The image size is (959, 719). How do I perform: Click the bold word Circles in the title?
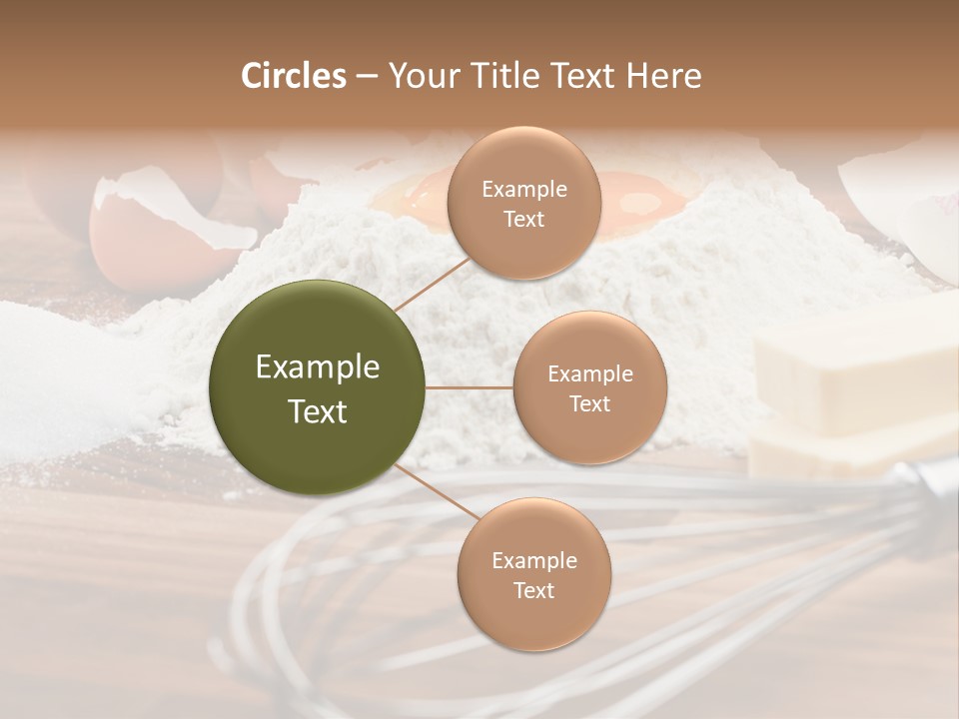[x=293, y=76]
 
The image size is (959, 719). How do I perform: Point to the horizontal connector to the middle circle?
[x=470, y=387]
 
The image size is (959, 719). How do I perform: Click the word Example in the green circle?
[x=318, y=367]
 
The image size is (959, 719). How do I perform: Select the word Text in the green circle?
[x=318, y=411]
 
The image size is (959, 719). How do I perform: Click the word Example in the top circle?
[x=523, y=190]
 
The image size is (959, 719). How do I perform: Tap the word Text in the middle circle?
[x=589, y=404]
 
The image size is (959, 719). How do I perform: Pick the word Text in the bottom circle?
[x=533, y=591]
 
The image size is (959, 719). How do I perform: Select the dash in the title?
[x=367, y=77]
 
